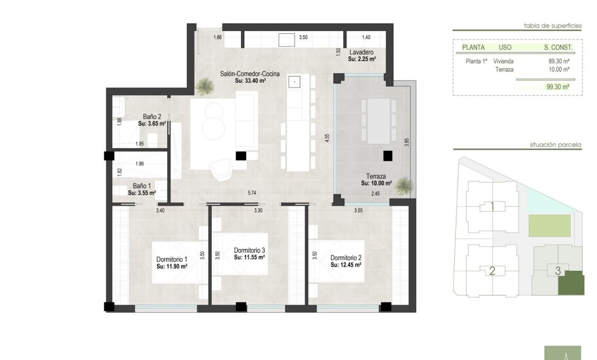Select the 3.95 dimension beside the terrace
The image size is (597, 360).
tap(406, 143)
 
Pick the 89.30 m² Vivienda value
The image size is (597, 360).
tap(559, 61)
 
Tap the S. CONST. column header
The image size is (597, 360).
tap(558, 47)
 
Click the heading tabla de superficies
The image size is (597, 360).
tap(552, 25)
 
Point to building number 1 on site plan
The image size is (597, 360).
tap(492, 207)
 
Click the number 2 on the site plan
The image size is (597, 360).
tap(492, 271)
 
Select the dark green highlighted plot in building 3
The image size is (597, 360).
tap(571, 284)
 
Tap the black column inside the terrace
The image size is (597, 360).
tap(387, 156)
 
